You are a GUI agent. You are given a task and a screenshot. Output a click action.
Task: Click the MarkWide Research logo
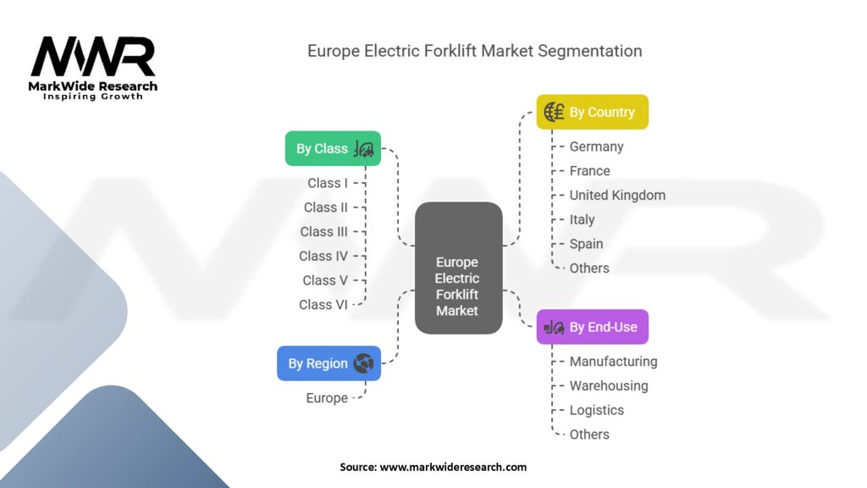[x=93, y=66]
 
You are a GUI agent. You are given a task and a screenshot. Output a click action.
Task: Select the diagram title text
[x=474, y=51]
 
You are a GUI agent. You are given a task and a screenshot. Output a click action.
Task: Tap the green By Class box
[x=333, y=148]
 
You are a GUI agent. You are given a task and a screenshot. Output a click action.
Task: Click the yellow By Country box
[x=592, y=112]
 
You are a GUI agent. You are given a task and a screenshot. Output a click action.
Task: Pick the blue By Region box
[x=329, y=363]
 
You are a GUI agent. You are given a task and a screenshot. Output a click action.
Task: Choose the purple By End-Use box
[x=592, y=327]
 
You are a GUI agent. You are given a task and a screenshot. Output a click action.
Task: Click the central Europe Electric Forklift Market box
[x=457, y=286]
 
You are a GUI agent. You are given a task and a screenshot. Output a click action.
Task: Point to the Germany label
[x=596, y=147]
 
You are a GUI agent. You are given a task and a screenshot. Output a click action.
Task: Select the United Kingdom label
[x=617, y=195]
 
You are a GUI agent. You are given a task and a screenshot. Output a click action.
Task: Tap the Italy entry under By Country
[x=582, y=219]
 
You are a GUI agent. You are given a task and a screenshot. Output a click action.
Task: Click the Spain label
[x=586, y=244]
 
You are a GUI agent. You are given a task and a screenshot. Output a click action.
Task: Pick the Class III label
[x=323, y=231]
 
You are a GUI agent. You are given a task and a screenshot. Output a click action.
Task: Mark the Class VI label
[x=323, y=304]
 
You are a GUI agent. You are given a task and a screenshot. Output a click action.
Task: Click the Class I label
[x=327, y=183]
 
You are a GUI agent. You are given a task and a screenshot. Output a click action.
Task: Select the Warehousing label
[x=609, y=385]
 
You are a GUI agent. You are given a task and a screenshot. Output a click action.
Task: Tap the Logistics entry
[x=596, y=410]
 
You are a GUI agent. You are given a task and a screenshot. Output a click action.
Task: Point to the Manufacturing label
[x=613, y=361]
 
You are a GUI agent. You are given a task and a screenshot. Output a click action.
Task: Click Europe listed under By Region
[x=327, y=398]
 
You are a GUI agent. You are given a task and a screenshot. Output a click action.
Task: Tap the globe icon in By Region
[x=364, y=363]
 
